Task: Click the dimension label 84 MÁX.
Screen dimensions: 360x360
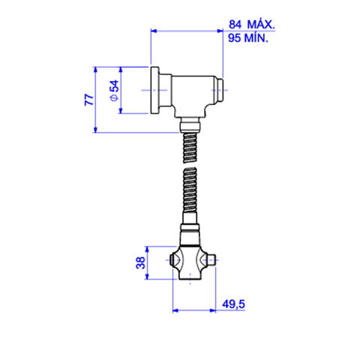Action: [x=252, y=25]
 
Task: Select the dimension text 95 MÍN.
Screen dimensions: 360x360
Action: [x=248, y=38]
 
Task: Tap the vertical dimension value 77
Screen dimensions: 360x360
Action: [x=89, y=100]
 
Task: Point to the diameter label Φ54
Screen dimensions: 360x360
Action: [x=115, y=90]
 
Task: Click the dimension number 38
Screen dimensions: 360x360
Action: [x=140, y=262]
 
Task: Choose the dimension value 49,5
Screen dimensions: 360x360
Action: [x=234, y=304]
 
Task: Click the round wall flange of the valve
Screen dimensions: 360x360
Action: [x=154, y=91]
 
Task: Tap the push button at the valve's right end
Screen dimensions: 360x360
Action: [x=220, y=90]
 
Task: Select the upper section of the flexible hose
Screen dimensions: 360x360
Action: [x=190, y=148]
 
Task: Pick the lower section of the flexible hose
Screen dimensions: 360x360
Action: [x=190, y=190]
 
